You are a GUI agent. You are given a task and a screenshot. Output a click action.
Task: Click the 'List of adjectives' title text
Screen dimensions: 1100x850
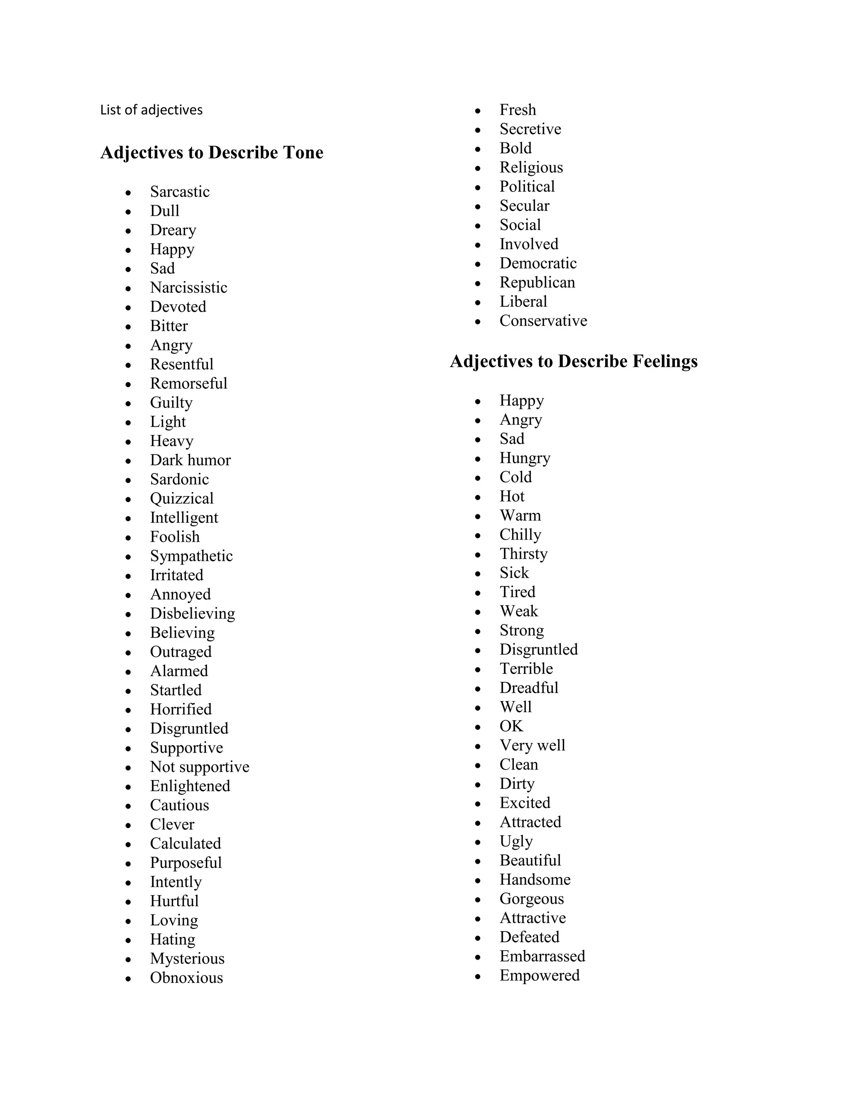coord(151,110)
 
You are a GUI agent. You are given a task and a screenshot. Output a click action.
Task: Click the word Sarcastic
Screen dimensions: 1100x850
coord(180,191)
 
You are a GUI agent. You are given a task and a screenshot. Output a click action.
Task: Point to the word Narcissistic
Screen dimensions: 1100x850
coord(188,287)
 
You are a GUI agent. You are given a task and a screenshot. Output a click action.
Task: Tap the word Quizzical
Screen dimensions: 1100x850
coord(182,498)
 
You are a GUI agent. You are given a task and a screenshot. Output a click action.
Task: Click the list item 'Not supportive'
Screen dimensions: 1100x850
coord(199,767)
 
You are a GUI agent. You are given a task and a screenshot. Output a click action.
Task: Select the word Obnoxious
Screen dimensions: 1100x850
coord(186,978)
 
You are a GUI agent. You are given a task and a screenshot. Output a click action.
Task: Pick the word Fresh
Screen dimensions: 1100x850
coord(518,110)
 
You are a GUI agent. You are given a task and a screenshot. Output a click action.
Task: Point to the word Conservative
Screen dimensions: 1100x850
coord(543,320)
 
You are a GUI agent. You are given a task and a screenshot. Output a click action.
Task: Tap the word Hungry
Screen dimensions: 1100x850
coord(525,458)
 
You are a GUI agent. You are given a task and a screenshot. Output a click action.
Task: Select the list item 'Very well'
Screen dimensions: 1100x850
coord(532,745)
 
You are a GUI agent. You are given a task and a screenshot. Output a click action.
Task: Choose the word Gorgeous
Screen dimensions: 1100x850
coord(531,899)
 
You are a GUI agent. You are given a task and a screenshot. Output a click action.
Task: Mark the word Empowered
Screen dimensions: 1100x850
coord(539,975)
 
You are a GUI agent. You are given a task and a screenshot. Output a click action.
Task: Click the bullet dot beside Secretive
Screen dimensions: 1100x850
coord(478,130)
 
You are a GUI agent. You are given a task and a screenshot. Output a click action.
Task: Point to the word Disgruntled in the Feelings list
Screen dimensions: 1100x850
coord(538,649)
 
